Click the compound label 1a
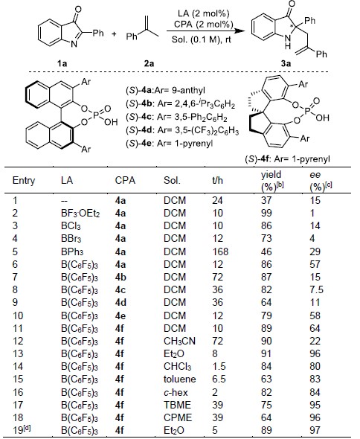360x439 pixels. [x=62, y=63]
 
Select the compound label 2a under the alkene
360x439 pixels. [x=149, y=63]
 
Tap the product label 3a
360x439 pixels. [x=286, y=63]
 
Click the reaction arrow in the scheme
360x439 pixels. [x=204, y=31]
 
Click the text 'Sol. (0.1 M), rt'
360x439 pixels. [x=202, y=39]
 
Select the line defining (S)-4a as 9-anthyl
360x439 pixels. [x=165, y=91]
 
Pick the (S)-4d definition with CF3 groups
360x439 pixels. [x=182, y=131]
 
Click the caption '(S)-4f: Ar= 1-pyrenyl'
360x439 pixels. [x=288, y=159]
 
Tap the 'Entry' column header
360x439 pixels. [x=24, y=181]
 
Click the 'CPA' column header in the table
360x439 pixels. [x=125, y=181]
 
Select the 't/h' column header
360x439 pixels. [x=217, y=181]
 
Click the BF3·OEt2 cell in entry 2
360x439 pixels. [x=80, y=214]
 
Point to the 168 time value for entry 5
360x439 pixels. [x=220, y=251]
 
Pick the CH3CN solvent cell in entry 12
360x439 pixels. [x=179, y=342]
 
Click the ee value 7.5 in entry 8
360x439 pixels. [x=316, y=289]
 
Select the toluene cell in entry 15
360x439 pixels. [x=180, y=379]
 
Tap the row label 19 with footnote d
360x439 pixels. [x=22, y=430]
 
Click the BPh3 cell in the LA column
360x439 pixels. [x=72, y=251]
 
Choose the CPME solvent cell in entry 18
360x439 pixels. [x=178, y=417]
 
